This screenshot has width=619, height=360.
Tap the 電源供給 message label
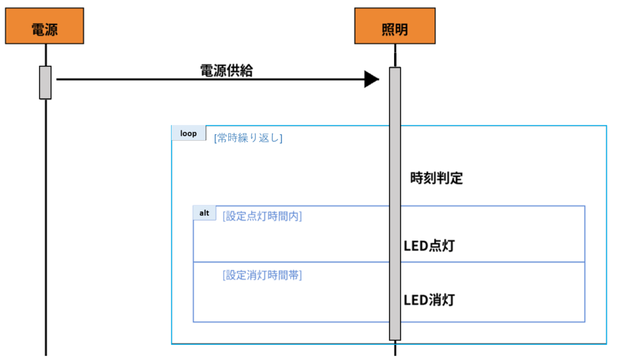click(x=226, y=70)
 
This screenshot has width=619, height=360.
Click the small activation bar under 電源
click(x=45, y=82)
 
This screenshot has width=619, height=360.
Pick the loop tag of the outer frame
click(x=189, y=133)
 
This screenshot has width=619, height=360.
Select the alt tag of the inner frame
click(x=204, y=213)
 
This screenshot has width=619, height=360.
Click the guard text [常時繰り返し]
click(x=248, y=138)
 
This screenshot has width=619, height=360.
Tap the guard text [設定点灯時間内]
click(x=262, y=216)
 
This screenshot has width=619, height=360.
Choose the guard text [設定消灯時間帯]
click(x=262, y=275)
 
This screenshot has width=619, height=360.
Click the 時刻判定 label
click(x=436, y=178)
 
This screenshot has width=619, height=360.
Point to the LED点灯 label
click(x=429, y=246)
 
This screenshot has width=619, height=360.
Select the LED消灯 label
click(x=429, y=300)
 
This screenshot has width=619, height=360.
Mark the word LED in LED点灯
click(x=415, y=246)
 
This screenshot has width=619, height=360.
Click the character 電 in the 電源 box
click(x=37, y=29)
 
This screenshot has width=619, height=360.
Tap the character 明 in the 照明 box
click(x=401, y=29)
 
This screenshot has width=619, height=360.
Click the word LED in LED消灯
click(x=415, y=300)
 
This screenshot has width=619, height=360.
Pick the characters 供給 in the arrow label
click(x=239, y=70)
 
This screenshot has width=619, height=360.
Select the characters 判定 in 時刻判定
click(x=450, y=178)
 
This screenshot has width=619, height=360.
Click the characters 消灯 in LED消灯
click(x=442, y=300)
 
